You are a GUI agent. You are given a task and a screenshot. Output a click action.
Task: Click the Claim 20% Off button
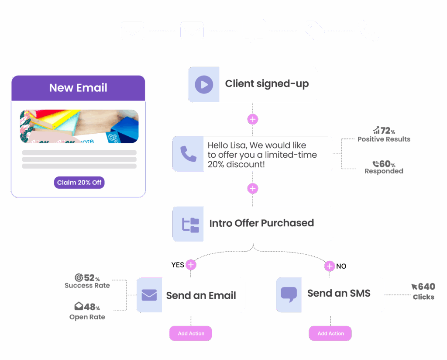(79, 183)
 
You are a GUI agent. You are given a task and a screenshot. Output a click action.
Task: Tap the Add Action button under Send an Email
(191, 333)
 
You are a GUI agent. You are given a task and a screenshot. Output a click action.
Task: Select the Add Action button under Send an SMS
(330, 333)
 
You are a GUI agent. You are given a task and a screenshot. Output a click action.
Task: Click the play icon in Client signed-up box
(204, 84)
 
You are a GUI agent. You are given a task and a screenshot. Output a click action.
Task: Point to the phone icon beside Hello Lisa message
(188, 154)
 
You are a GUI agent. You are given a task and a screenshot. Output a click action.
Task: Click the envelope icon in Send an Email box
(149, 295)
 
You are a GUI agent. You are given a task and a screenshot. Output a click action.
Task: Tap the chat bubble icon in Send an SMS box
(289, 294)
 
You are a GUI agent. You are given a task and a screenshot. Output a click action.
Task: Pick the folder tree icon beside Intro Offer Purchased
(190, 224)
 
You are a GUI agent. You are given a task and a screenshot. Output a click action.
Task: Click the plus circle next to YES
(190, 265)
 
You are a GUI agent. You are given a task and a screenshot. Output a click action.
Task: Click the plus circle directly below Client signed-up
(253, 119)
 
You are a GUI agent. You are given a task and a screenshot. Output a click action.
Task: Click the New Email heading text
(78, 87)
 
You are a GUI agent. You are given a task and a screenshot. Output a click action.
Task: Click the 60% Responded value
(384, 164)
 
